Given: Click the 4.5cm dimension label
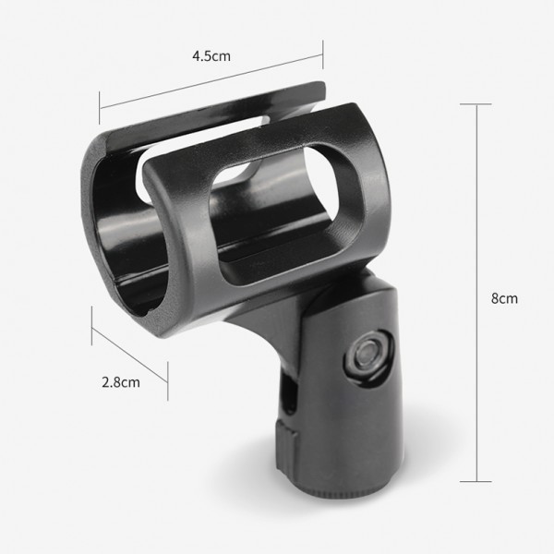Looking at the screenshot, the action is [211, 56].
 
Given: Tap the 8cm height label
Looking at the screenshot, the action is [504, 298].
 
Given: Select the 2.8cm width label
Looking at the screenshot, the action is [121, 382].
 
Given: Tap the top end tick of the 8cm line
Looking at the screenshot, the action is [476, 104].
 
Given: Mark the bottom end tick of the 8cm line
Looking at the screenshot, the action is [476, 481].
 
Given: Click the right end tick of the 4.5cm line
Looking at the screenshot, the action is [322, 54].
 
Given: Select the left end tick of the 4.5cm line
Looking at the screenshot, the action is [100, 108].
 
